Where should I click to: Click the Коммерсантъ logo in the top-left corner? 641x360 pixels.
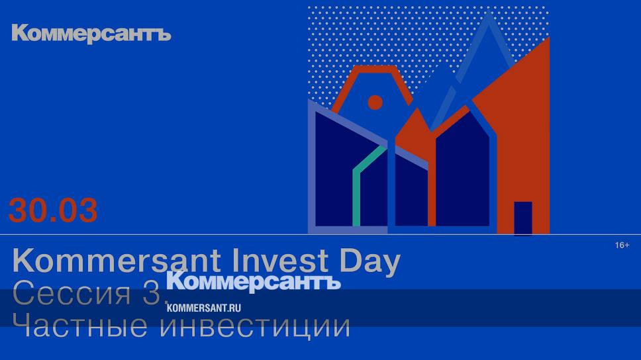91,34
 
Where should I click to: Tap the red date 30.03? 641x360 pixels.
53,210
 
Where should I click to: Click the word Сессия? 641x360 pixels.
72,292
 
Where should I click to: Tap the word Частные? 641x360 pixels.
79,326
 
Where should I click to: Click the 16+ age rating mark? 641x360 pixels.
622,245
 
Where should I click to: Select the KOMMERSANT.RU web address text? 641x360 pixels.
203,308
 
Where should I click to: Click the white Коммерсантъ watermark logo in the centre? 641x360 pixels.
254,281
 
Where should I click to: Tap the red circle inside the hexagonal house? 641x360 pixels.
375,102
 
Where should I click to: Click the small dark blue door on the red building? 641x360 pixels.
523,218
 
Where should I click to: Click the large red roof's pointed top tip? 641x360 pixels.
549,38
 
